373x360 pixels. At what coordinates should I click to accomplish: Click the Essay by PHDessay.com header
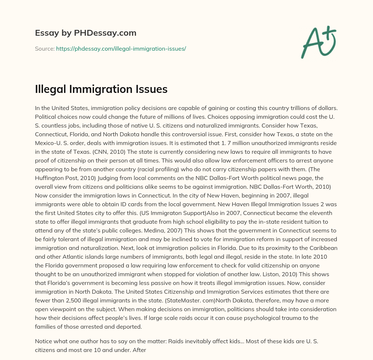click(x=86, y=33)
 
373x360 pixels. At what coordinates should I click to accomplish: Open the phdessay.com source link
click(x=121, y=48)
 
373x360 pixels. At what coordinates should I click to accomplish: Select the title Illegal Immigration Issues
click(x=101, y=89)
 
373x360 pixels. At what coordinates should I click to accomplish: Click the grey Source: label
click(x=44, y=48)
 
